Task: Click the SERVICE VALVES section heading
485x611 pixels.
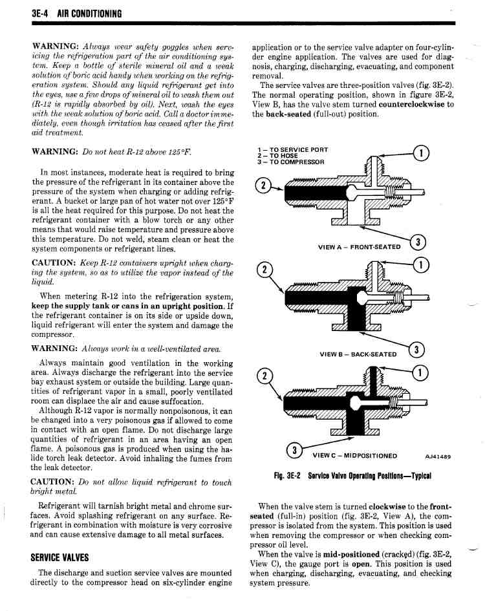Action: [x=59, y=557]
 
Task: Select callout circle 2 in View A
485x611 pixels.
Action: [x=263, y=186]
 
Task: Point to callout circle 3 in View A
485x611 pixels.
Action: [x=418, y=242]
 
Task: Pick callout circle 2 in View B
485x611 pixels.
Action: [x=264, y=270]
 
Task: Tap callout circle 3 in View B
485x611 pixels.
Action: [x=416, y=350]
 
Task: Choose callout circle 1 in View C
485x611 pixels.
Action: [x=420, y=373]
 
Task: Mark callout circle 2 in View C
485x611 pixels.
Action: [x=264, y=376]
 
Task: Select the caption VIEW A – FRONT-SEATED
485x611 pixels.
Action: [x=359, y=247]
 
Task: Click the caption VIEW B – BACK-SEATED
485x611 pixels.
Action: [x=358, y=354]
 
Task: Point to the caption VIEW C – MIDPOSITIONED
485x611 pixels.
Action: [x=355, y=456]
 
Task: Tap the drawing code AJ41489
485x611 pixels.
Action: [x=438, y=456]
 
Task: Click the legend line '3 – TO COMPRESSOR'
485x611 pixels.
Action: [x=291, y=162]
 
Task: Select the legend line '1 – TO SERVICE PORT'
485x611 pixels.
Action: [x=292, y=149]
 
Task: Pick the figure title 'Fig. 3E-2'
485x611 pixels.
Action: [x=286, y=476]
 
